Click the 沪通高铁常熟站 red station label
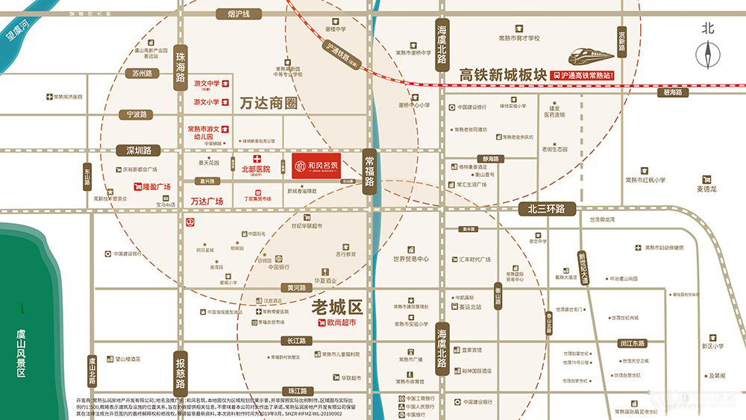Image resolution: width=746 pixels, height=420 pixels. click(x=582, y=75)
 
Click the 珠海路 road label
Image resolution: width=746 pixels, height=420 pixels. click(x=180, y=71)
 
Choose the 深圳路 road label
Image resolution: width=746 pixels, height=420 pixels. click(x=139, y=150)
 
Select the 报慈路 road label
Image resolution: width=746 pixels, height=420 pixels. click(x=180, y=373)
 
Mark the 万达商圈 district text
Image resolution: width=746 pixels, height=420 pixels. click(x=269, y=103)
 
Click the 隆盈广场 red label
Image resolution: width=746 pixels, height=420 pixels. click(x=153, y=187)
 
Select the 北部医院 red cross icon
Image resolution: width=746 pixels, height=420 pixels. click(x=257, y=159)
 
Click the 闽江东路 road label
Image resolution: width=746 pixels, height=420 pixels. click(x=633, y=344)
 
